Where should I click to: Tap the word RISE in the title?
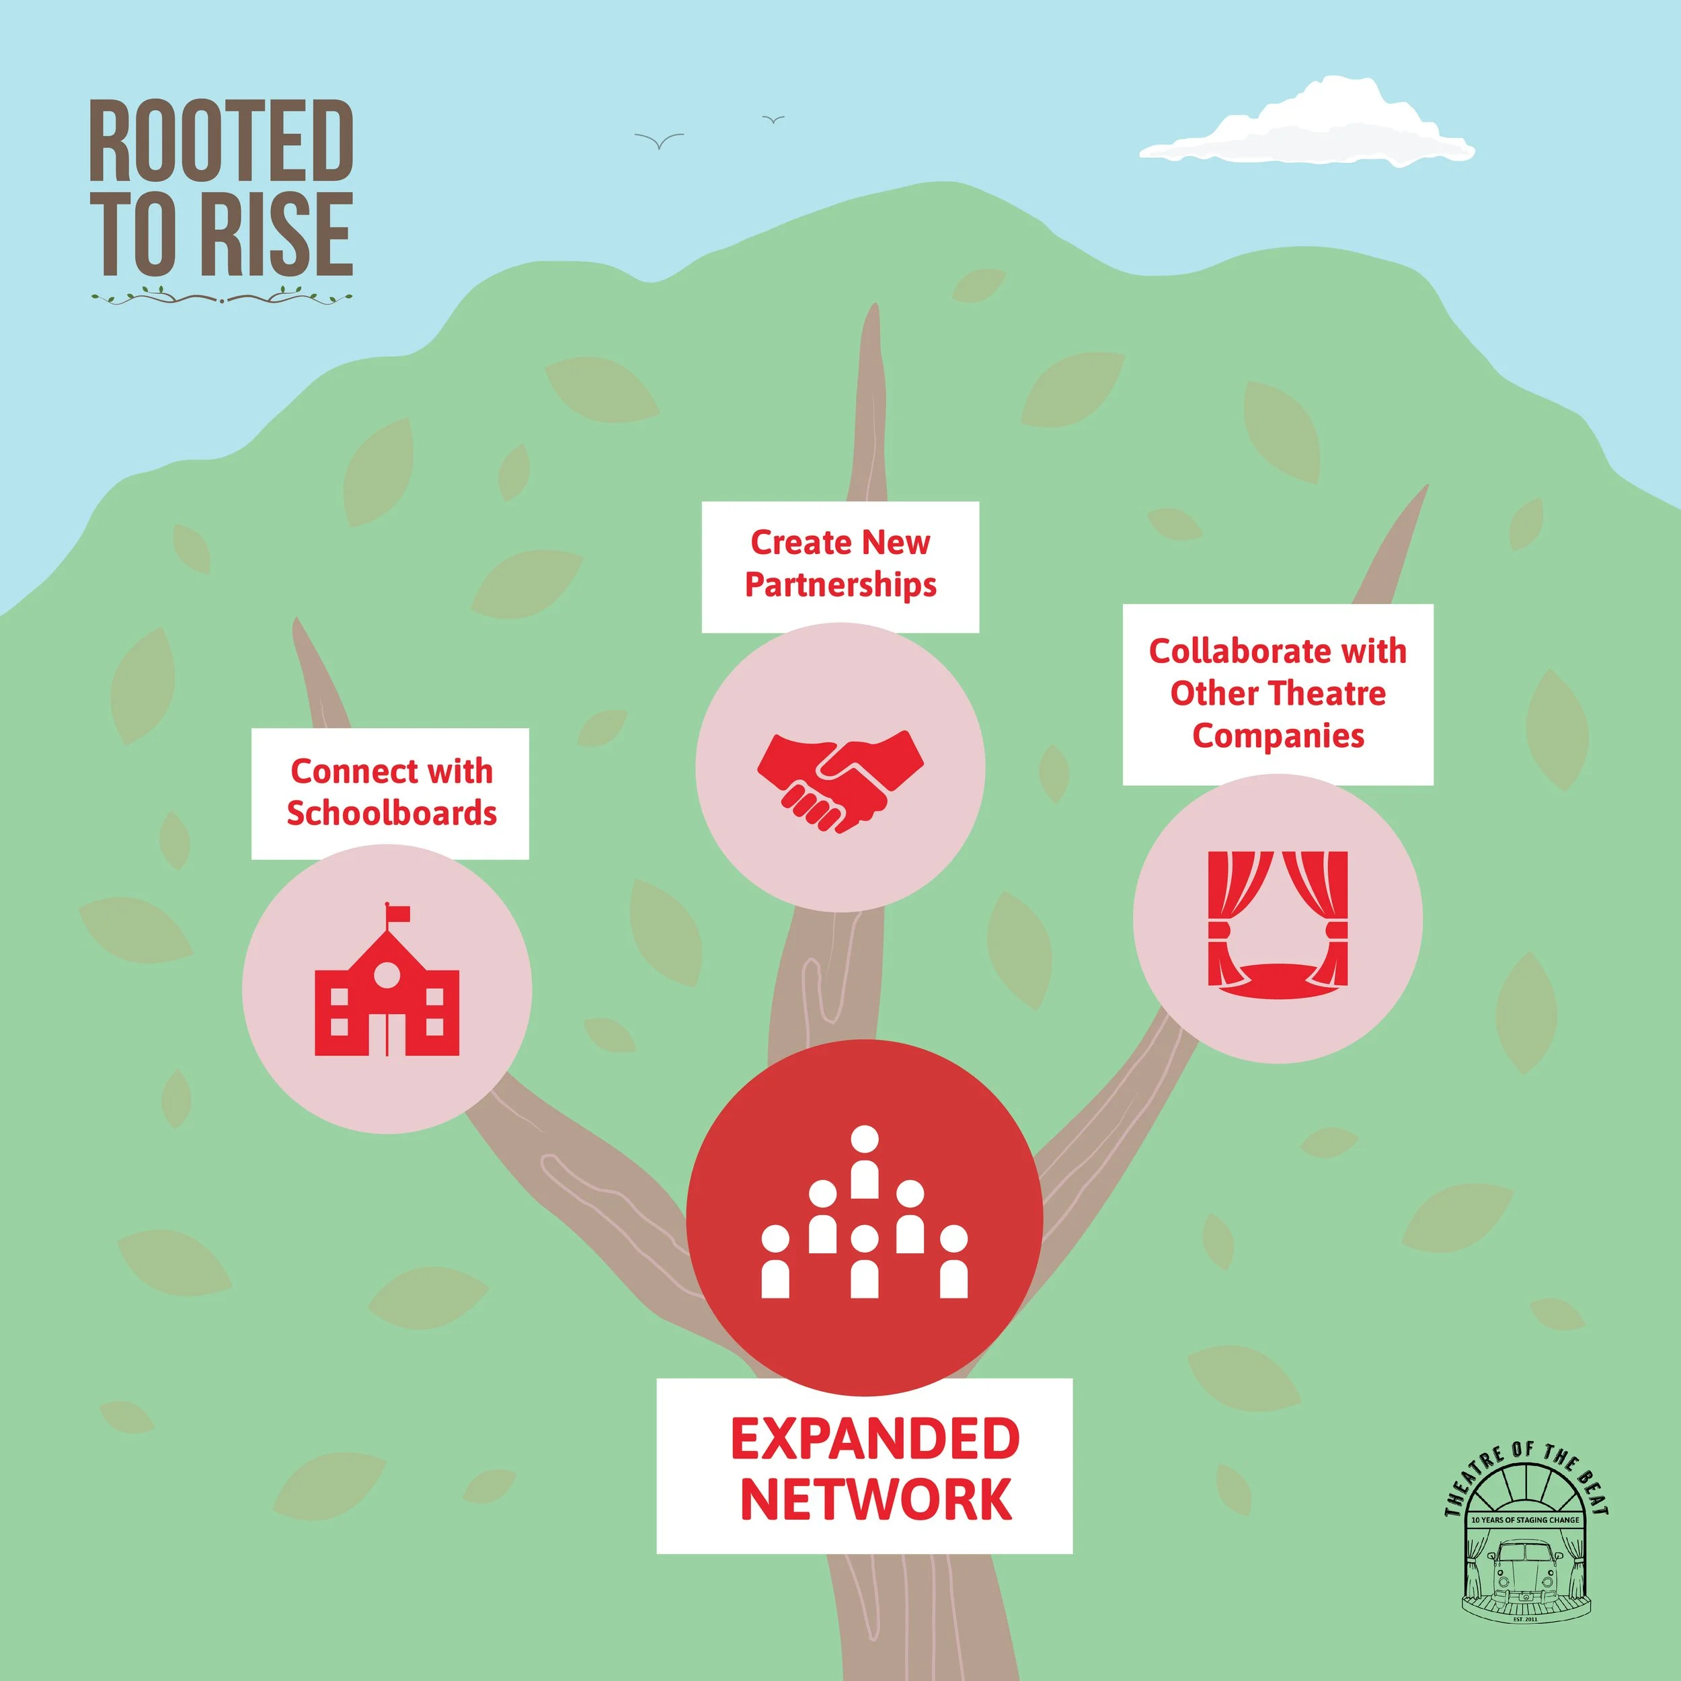(x=276, y=234)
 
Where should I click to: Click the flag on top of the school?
(x=397, y=912)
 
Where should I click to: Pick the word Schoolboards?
(x=391, y=814)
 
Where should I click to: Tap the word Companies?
(x=1278, y=736)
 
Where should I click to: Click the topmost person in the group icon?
(x=863, y=1161)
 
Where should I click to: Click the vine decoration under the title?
(x=222, y=298)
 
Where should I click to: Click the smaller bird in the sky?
(x=773, y=119)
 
